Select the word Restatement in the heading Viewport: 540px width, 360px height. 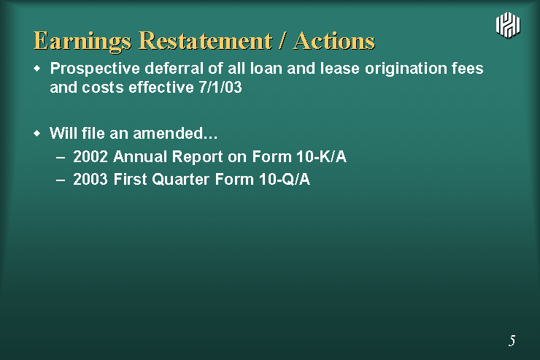206,41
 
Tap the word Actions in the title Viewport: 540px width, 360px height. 334,41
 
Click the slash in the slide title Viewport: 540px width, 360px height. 282,41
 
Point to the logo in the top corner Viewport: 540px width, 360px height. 508,25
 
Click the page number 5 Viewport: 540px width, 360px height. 512,340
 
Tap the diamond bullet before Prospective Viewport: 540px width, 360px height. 37,69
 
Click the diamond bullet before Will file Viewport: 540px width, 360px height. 37,134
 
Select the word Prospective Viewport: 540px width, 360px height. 95,69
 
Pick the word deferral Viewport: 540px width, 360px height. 174,68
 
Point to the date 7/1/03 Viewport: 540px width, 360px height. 220,87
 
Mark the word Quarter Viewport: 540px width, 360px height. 180,179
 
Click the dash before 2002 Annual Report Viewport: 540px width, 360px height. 61,158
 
